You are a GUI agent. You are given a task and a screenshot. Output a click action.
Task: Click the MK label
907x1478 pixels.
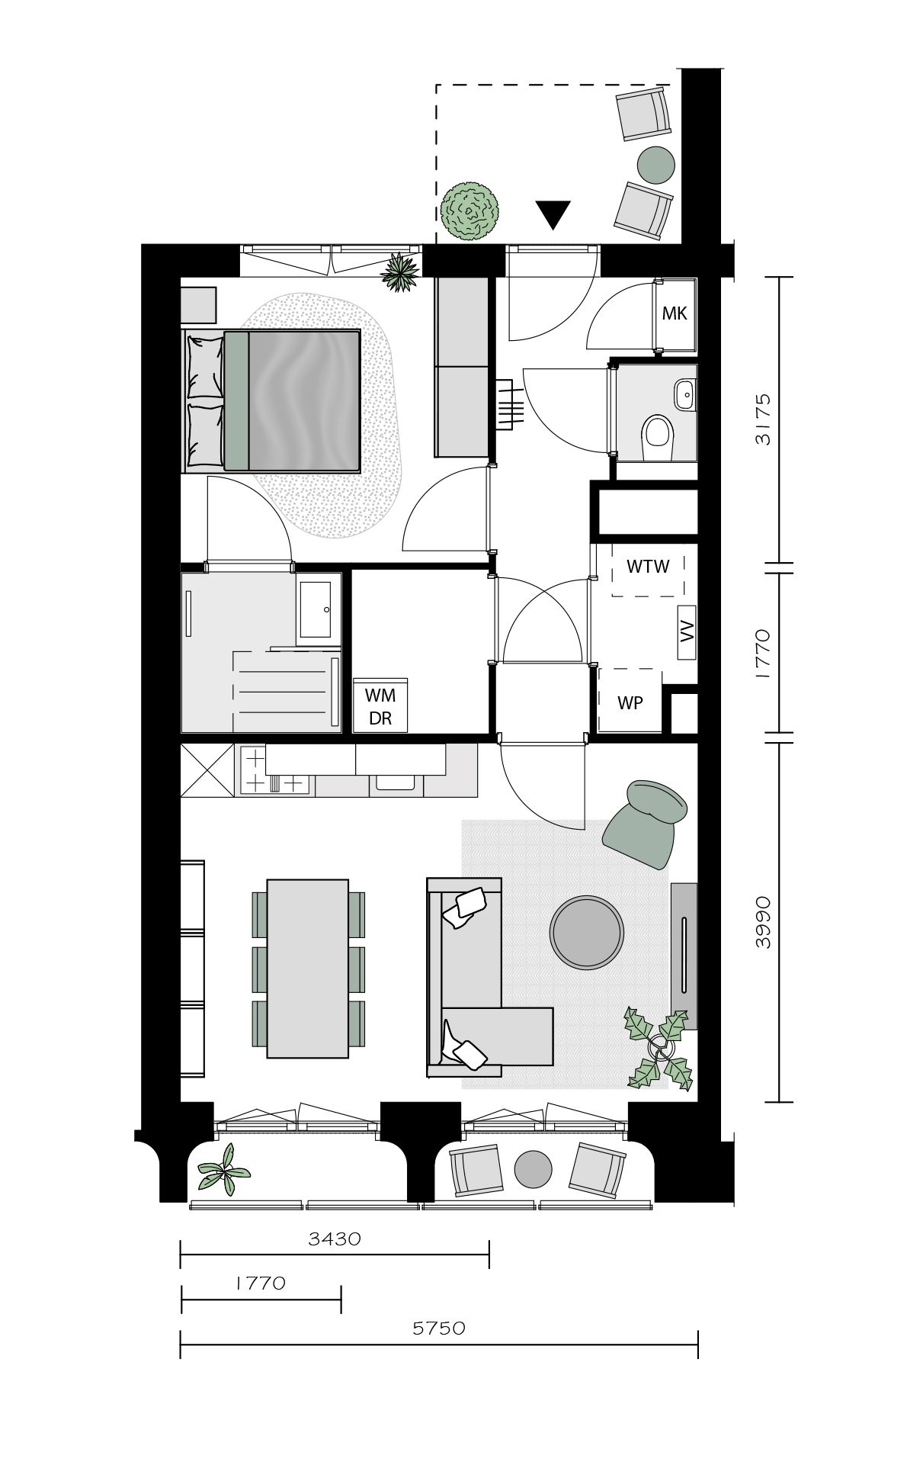(x=675, y=313)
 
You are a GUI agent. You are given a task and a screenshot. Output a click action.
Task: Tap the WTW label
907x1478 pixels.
(x=648, y=567)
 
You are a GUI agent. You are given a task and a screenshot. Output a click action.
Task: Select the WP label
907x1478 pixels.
(x=630, y=702)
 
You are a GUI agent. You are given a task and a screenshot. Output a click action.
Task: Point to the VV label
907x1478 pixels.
(x=687, y=631)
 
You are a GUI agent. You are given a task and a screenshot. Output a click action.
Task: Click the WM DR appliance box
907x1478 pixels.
(x=380, y=705)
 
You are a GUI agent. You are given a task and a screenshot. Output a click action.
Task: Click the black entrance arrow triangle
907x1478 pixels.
(x=553, y=214)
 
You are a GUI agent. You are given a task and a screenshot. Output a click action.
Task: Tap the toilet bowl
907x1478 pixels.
(x=657, y=435)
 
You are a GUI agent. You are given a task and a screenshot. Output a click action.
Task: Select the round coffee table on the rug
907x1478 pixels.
(x=587, y=932)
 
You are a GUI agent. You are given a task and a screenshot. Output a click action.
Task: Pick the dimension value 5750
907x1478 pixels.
(x=439, y=1328)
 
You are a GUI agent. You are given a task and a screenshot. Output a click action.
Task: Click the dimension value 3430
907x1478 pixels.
(x=334, y=1239)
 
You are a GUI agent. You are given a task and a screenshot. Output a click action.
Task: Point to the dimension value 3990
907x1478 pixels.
(x=763, y=922)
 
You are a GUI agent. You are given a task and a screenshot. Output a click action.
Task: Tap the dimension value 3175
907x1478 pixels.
(x=763, y=419)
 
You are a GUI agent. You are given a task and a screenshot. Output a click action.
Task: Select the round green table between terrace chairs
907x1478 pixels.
(x=655, y=164)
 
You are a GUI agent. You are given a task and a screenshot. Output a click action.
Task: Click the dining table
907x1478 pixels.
(x=308, y=968)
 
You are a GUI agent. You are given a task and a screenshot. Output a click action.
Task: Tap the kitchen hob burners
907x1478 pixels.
(x=275, y=771)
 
